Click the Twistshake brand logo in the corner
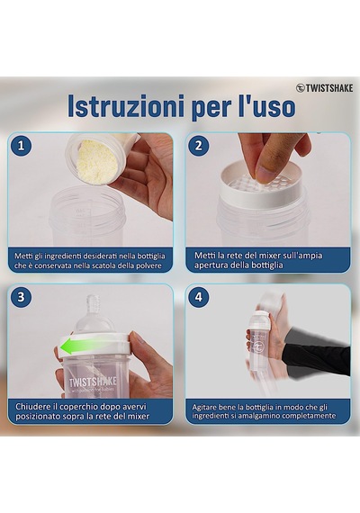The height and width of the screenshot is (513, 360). (x=325, y=88)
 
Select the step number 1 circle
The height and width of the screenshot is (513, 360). (x=22, y=145)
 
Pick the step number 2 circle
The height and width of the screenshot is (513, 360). (x=199, y=145)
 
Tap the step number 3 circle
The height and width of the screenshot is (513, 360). (x=22, y=297)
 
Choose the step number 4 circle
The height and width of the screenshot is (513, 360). (x=199, y=297)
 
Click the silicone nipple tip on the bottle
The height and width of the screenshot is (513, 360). (x=93, y=303)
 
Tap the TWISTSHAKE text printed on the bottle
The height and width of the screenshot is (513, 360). (x=93, y=382)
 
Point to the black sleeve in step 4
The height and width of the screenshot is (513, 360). (x=317, y=355)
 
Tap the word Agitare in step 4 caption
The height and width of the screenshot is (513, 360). (x=202, y=408)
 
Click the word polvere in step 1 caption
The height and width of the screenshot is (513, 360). (x=150, y=265)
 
